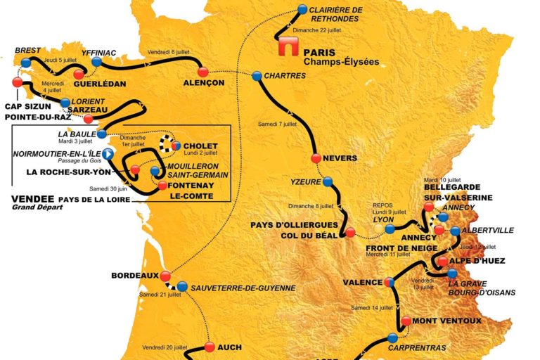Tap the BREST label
coord(27,51)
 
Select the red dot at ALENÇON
coord(202,72)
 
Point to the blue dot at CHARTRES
coord(257,76)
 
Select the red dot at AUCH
coord(209,346)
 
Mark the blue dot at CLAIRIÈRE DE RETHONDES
coord(302,9)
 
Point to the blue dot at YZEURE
coord(328,181)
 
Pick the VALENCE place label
coord(363,282)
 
